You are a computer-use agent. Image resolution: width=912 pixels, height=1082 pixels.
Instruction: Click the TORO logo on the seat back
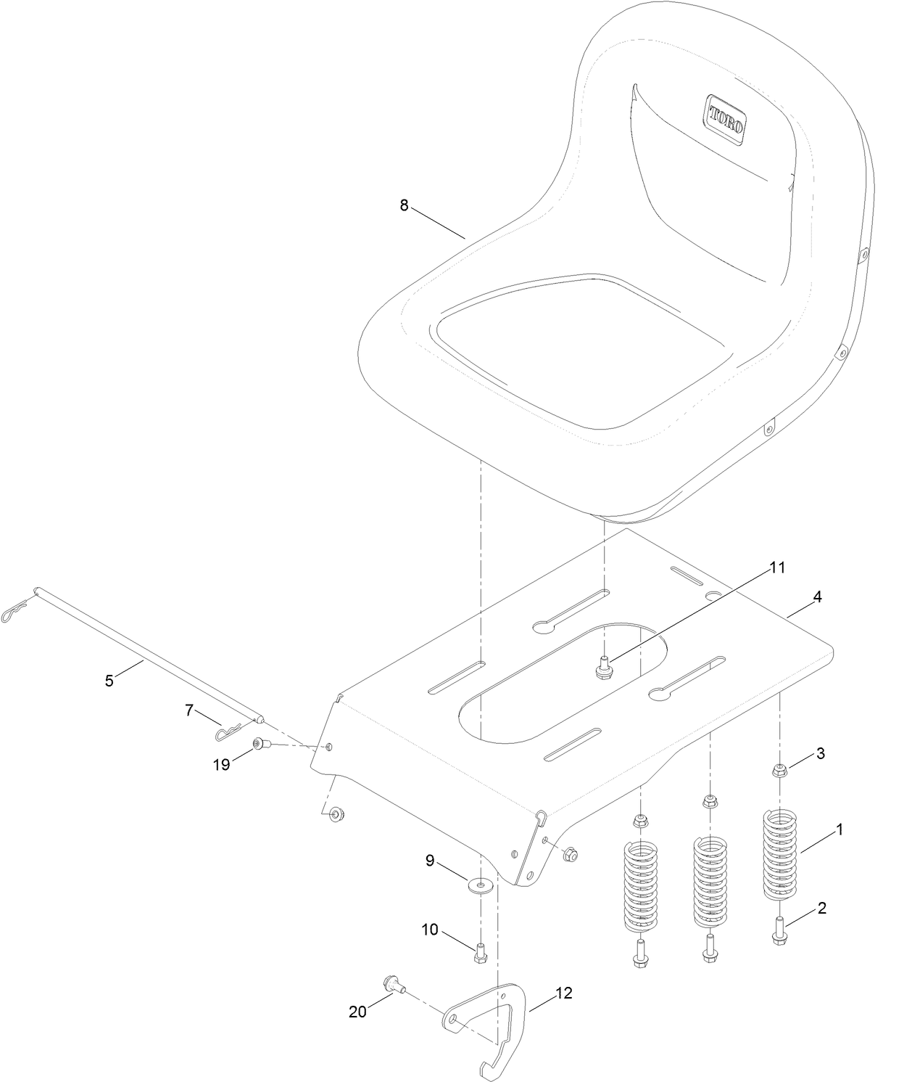click(726, 119)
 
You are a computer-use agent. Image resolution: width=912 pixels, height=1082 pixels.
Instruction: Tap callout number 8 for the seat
click(404, 205)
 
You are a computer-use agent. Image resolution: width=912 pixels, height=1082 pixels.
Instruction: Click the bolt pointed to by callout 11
click(602, 666)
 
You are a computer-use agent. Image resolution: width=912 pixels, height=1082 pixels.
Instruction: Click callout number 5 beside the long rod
click(109, 681)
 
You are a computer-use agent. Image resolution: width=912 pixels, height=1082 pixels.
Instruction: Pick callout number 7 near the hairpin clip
click(189, 710)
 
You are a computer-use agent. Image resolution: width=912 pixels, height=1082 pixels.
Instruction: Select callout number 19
click(221, 764)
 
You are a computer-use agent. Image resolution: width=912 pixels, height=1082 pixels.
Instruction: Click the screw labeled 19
click(260, 744)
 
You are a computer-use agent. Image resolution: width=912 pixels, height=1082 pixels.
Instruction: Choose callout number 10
click(430, 930)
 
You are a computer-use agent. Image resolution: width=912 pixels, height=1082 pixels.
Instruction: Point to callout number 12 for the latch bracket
click(563, 993)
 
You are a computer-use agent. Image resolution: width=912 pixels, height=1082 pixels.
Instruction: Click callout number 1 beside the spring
click(840, 829)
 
